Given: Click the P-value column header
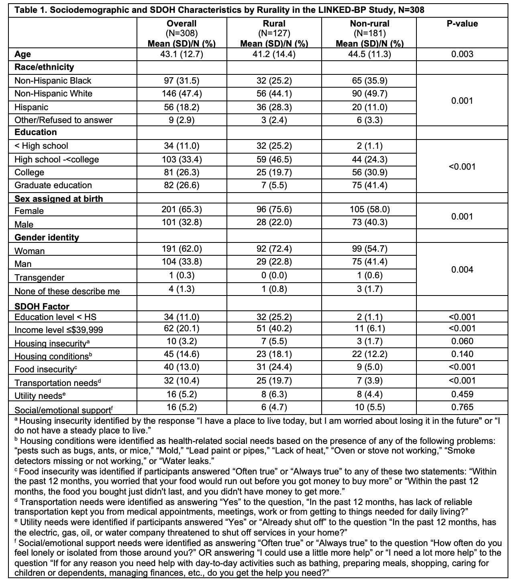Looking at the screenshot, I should [462, 24].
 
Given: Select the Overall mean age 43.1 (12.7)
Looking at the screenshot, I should [182, 54].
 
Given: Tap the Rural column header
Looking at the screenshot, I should [274, 24].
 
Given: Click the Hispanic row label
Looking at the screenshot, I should [31, 107].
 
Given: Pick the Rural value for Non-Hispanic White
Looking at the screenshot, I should [274, 94].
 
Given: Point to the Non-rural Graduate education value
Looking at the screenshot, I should [369, 185].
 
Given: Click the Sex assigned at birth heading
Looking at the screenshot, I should [59, 199].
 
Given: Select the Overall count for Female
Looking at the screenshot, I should [182, 209].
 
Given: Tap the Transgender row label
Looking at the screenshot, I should [39, 278].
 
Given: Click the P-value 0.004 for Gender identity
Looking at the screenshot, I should [462, 270].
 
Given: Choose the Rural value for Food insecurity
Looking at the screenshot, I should [274, 367].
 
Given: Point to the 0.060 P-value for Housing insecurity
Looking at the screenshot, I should [462, 341].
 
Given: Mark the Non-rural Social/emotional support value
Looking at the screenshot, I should [369, 407].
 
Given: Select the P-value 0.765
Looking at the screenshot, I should [462, 407].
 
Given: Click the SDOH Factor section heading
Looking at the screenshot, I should [42, 307].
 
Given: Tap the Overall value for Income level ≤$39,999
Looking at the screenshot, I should [182, 328].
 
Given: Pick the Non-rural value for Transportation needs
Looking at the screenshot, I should [369, 381].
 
